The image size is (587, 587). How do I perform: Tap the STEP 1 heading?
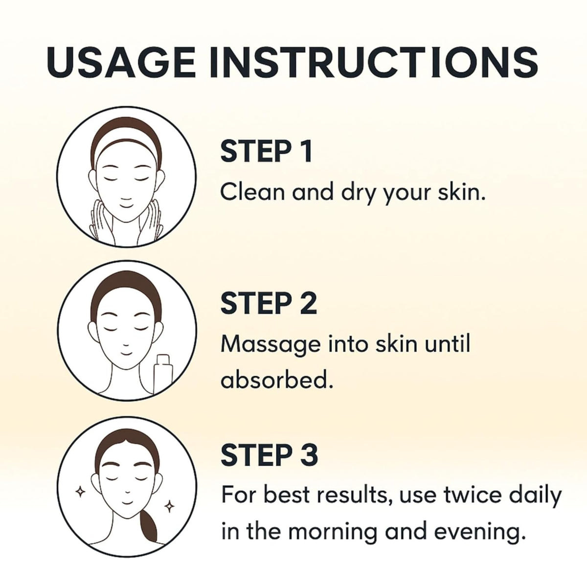pos(266,151)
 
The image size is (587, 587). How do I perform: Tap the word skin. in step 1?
pos(461,193)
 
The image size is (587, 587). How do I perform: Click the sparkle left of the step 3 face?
pos(80,492)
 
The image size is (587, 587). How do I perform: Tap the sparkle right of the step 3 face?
pos(169,507)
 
